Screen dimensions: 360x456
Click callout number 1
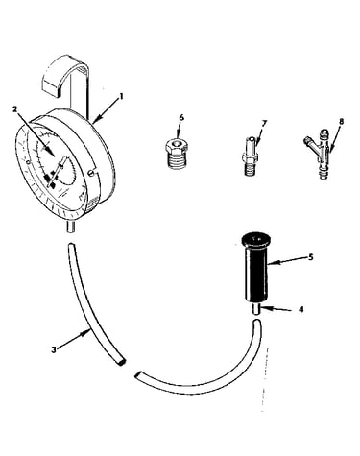pos(121,97)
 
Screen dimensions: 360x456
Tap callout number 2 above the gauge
pos(14,109)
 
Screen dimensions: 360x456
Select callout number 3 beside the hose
pos(54,349)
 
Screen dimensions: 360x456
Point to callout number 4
pos(300,310)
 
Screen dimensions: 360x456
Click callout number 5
pos(310,257)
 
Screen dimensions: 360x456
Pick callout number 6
pos(181,118)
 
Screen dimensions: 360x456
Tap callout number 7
pos(264,123)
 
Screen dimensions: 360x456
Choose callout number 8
pos(341,122)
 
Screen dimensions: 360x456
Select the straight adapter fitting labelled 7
pos(252,156)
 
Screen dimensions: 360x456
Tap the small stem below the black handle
pos(256,310)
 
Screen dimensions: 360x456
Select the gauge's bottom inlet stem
pos(71,227)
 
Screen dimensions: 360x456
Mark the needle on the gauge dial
pos(58,171)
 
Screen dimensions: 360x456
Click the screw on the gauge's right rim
pos(92,173)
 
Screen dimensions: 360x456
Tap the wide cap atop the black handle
pos(256,240)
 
